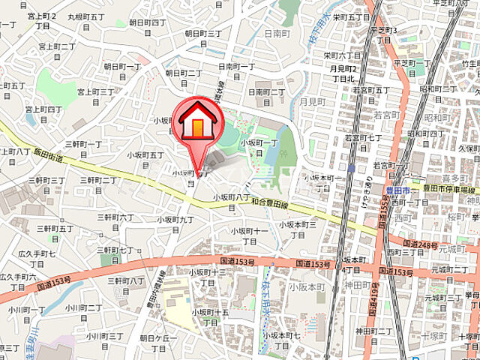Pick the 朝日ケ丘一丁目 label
[157, 343]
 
